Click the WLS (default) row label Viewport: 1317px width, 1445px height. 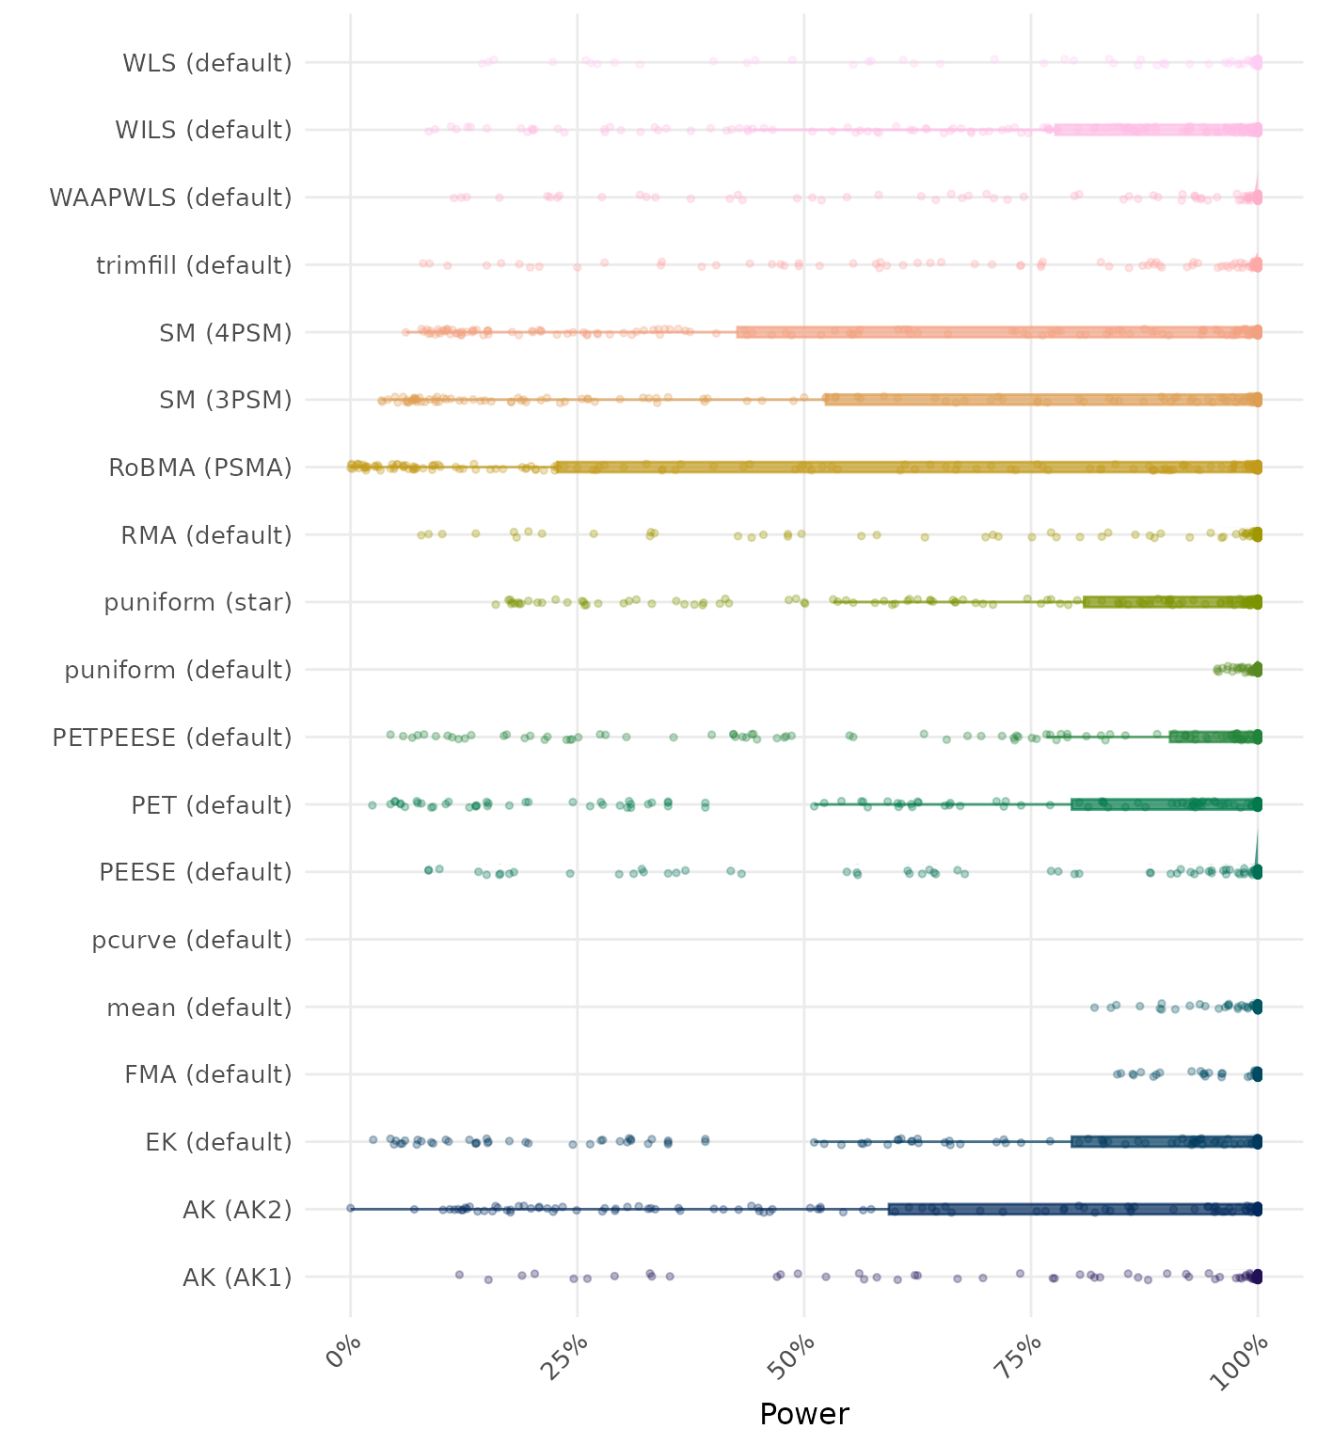pos(207,63)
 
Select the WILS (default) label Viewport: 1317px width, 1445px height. pos(203,130)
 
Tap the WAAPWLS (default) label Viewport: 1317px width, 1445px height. pos(170,198)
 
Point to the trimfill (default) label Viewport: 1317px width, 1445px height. pos(194,265)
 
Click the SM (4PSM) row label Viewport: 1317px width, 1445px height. pos(226,333)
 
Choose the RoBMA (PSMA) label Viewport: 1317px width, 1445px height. pos(200,468)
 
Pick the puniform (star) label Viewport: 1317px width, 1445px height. pos(198,602)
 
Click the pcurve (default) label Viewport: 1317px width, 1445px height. pos(192,940)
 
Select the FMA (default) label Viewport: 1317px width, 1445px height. pos(208,1074)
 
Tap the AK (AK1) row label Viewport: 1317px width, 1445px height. pos(237,1278)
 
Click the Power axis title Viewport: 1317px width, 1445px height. pos(804,1414)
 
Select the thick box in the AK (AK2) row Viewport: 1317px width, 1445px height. pos(1073,1209)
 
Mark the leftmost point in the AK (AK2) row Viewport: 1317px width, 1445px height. pos(350,1208)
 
